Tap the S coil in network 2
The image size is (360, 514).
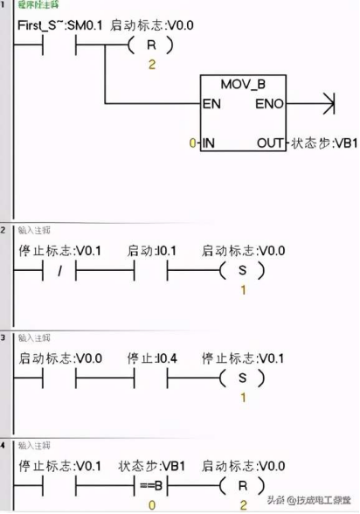coord(243,271)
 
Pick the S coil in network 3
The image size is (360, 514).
coord(243,379)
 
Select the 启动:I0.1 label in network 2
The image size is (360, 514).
coord(153,251)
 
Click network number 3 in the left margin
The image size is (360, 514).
coord(5,336)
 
